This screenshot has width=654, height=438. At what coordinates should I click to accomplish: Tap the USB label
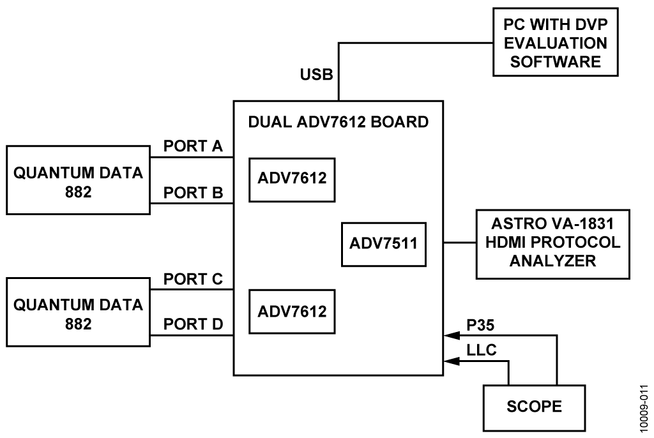tap(317, 75)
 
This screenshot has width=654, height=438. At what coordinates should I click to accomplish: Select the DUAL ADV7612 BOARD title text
tap(339, 122)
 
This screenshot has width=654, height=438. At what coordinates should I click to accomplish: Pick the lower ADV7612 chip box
tap(292, 311)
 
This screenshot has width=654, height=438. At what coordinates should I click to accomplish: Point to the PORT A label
tap(193, 146)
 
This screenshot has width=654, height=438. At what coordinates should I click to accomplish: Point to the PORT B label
tap(193, 192)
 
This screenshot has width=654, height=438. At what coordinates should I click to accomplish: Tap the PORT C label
tap(193, 278)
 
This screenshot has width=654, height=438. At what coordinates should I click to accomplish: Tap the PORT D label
tap(193, 324)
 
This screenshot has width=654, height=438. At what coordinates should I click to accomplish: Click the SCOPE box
tap(534, 407)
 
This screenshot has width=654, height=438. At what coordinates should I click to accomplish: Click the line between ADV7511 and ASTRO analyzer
tap(460, 243)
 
